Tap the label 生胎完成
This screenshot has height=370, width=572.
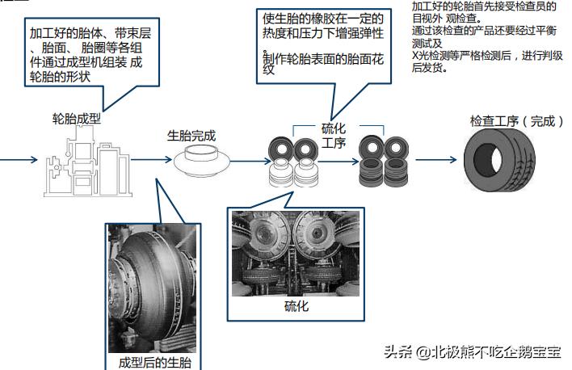[x=191, y=135]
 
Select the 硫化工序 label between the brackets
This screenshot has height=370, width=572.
[x=333, y=137]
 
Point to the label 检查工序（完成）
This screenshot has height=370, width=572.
[x=517, y=121]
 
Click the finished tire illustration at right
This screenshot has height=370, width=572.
[x=502, y=158]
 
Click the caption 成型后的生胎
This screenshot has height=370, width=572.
[x=154, y=360]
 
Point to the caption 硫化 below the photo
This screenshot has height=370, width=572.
[x=296, y=306]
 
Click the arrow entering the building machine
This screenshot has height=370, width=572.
[x=19, y=159]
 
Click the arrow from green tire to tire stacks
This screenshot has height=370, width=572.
[x=246, y=159]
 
